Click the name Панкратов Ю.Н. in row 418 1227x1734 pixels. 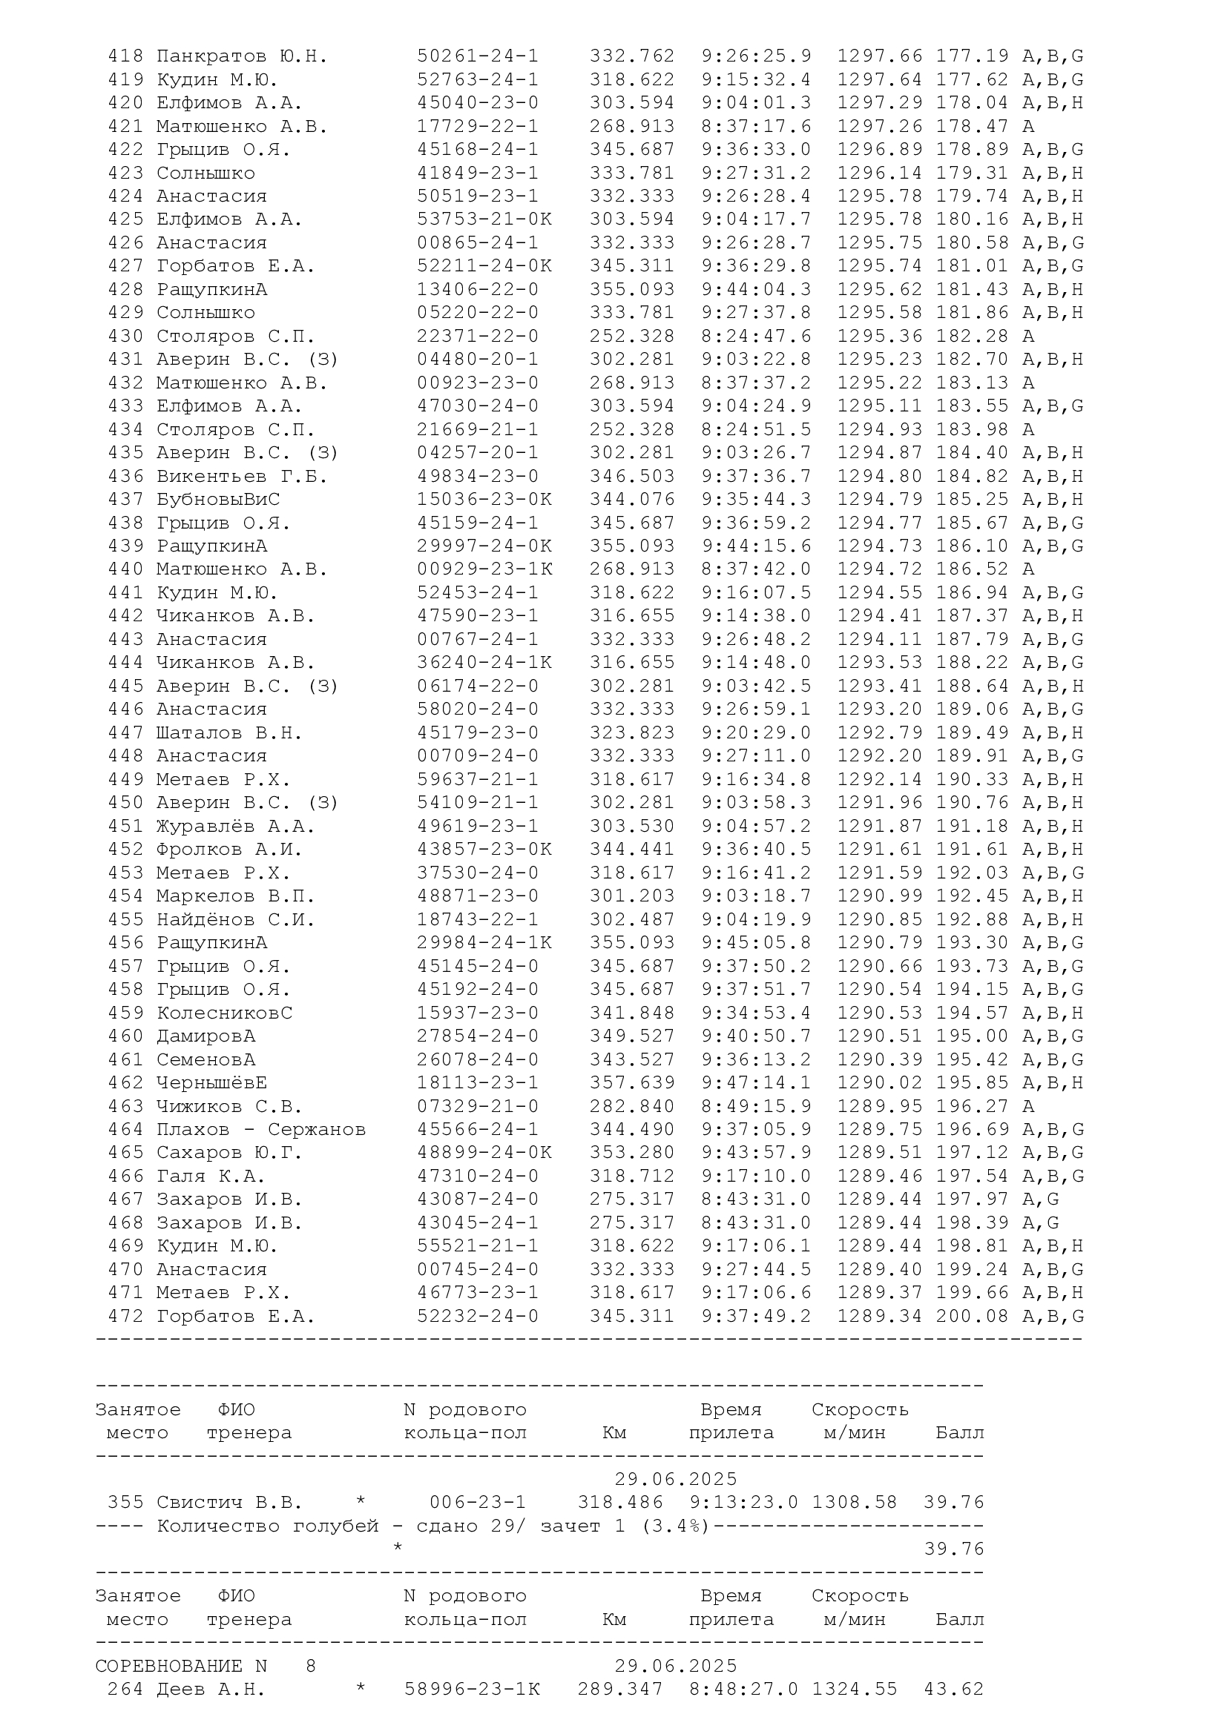point(242,56)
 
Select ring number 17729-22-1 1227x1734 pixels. point(478,126)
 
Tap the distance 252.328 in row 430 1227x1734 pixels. point(631,336)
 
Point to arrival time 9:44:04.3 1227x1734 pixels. point(756,289)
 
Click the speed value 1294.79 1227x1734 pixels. point(880,499)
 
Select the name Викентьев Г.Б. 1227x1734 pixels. point(242,476)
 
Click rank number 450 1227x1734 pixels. point(125,802)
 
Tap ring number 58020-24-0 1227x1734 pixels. point(478,709)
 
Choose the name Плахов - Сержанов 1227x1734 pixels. point(260,1130)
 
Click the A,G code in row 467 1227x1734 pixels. point(1040,1199)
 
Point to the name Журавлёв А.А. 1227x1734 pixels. point(235,826)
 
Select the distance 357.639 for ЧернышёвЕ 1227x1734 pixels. point(631,1083)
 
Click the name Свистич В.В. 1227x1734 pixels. point(229,1503)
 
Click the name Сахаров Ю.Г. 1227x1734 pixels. point(229,1153)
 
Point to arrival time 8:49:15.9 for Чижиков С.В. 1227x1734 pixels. point(756,1106)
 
